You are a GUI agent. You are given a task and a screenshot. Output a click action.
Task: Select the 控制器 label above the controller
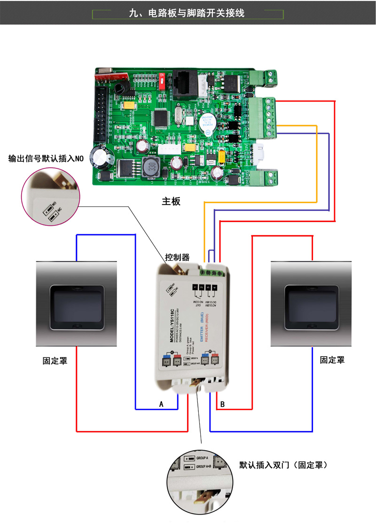(x=177, y=257)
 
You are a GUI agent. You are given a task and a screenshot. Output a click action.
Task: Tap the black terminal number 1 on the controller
(x=195, y=287)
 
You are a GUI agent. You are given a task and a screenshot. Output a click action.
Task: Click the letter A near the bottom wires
(x=161, y=404)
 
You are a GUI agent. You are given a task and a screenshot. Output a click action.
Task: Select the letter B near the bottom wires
(x=222, y=404)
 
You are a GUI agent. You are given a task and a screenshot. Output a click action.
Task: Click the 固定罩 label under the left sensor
(x=55, y=361)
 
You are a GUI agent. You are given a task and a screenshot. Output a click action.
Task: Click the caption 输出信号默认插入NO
(x=46, y=159)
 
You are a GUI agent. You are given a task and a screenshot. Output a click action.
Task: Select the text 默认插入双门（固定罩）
(x=283, y=465)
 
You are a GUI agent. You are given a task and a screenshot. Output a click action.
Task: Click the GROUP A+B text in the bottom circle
(x=204, y=467)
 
